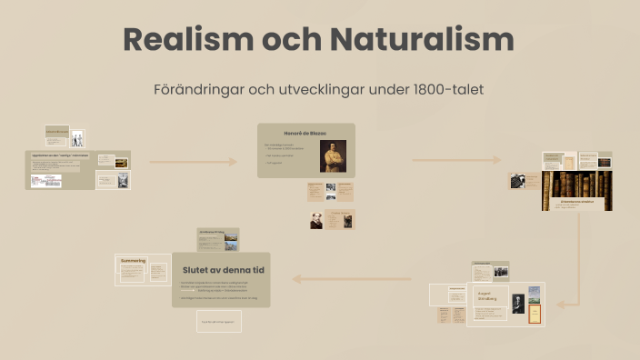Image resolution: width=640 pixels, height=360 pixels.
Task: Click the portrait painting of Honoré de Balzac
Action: coord(333,155)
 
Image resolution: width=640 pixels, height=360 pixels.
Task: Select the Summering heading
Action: coord(133,261)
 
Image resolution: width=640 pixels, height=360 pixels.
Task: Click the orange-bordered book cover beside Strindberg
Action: coord(535,313)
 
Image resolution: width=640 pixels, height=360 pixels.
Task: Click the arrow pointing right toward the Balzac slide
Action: coord(193,162)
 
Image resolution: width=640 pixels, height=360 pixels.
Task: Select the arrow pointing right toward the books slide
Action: coord(456,160)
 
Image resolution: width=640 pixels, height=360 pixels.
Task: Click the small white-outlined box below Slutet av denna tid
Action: coord(219,322)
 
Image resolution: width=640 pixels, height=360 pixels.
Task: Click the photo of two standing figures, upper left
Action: coord(77,138)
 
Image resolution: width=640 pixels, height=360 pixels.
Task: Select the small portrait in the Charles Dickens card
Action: coord(317,220)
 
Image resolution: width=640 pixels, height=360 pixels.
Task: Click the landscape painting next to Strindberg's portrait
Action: coord(535,294)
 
